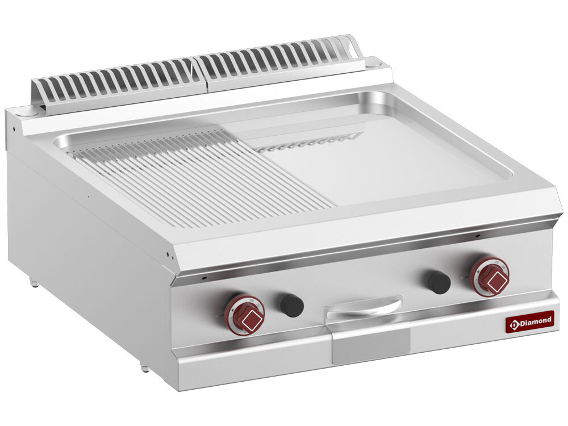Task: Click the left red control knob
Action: click(244, 315)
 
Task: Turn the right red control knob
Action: click(489, 276)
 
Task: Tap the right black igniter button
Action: click(439, 282)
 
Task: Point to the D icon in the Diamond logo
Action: click(515, 324)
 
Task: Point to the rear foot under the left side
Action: click(34, 282)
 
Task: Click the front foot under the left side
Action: click(145, 368)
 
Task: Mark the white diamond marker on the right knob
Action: click(493, 280)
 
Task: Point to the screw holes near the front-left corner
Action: click(170, 254)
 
